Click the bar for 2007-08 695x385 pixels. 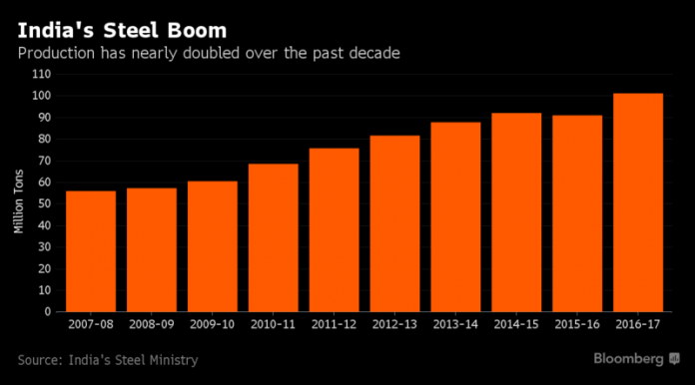click(x=91, y=250)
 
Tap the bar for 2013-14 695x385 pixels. click(x=455, y=216)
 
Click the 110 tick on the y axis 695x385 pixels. click(x=41, y=75)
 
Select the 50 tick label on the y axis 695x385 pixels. click(x=44, y=203)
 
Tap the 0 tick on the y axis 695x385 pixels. click(x=47, y=311)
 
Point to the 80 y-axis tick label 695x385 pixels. click(x=44, y=139)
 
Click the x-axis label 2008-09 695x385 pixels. click(x=152, y=325)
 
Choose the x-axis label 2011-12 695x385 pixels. click(x=334, y=325)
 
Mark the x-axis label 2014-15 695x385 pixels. click(x=515, y=325)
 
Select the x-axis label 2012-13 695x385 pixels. click(x=394, y=325)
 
